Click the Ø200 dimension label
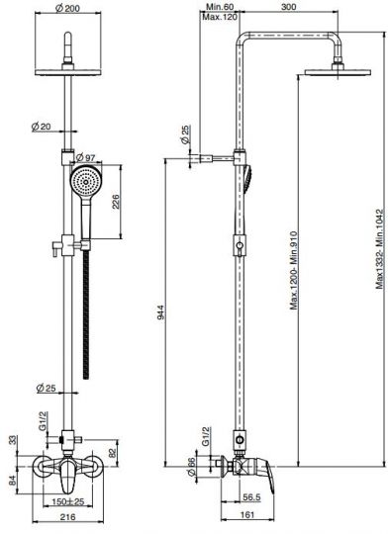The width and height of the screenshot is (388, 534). [x=68, y=9]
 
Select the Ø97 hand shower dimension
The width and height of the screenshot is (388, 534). [x=85, y=157]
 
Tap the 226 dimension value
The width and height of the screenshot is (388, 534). [x=116, y=202]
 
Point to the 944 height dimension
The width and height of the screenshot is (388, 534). [x=161, y=312]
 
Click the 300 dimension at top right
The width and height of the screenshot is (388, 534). [x=288, y=7]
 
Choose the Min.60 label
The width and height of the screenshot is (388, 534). [x=220, y=7]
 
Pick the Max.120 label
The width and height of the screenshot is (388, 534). [x=219, y=17]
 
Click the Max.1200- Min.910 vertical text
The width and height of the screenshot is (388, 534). [x=294, y=270]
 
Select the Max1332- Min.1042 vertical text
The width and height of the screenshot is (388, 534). [x=380, y=249]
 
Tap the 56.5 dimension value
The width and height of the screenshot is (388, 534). [x=252, y=497]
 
